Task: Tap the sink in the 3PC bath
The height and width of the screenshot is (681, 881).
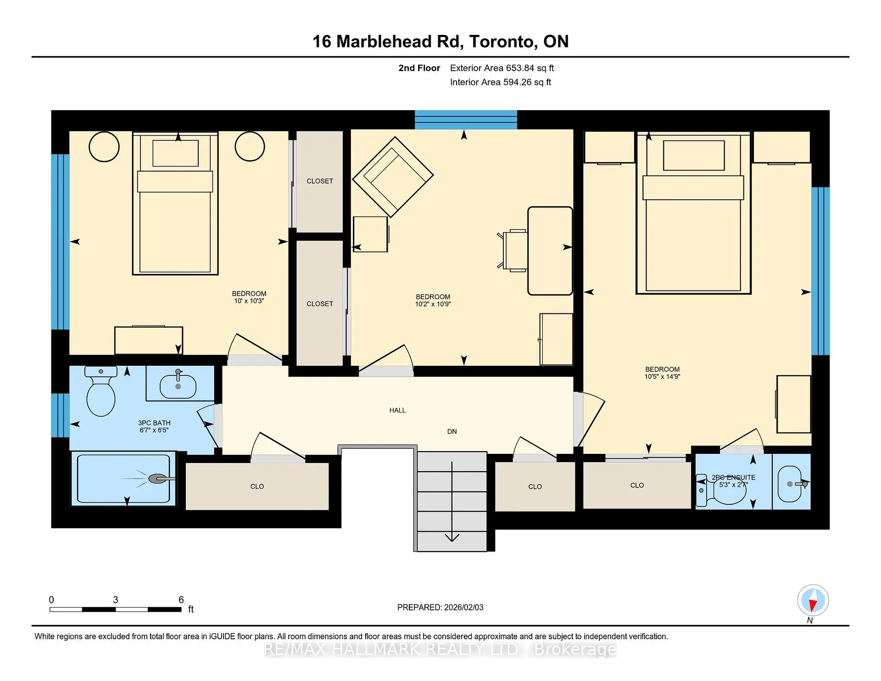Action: pos(178,385)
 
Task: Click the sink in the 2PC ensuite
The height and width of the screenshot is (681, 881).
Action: pos(790,484)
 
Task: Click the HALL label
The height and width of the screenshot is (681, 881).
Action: pos(397,410)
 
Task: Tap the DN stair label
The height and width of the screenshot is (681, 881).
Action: pos(452,431)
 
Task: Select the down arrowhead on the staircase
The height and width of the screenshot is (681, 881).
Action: pos(452,537)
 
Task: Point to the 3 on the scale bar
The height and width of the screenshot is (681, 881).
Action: pos(116,600)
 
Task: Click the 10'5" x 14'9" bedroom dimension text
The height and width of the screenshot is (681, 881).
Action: pos(662,377)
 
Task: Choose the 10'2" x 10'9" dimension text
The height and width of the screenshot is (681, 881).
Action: pos(433,304)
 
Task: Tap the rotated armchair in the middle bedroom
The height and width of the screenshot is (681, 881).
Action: pos(393,177)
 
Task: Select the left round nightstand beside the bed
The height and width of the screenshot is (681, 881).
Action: pos(104,147)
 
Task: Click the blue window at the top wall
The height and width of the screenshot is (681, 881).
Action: pos(466,120)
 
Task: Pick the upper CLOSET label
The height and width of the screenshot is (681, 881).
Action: pos(320,181)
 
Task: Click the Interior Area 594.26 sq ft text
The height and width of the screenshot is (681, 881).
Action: pos(501,82)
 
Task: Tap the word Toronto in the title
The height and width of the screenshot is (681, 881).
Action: pos(503,42)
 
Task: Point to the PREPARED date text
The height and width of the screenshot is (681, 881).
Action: pos(440,608)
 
